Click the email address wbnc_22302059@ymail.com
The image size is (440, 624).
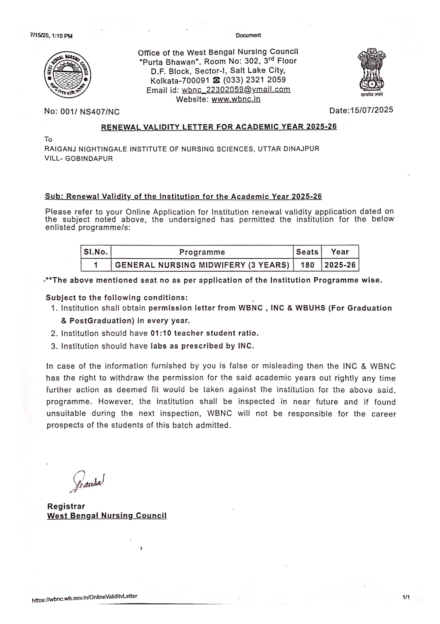[x=236, y=90]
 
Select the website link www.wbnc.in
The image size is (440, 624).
[x=236, y=99]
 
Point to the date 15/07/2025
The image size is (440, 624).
[x=371, y=110]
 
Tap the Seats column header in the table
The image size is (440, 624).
[x=307, y=252]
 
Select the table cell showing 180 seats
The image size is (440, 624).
[x=307, y=265]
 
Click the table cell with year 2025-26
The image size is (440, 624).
[x=340, y=265]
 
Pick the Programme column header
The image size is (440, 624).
[x=202, y=252]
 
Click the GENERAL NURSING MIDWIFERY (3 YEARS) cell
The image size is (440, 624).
[x=202, y=265]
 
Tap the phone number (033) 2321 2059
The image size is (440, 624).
[x=254, y=80]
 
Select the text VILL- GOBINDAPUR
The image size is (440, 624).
[x=79, y=159]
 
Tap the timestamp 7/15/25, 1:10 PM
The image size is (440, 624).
[x=51, y=36]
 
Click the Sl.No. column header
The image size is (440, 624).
[x=96, y=252]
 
